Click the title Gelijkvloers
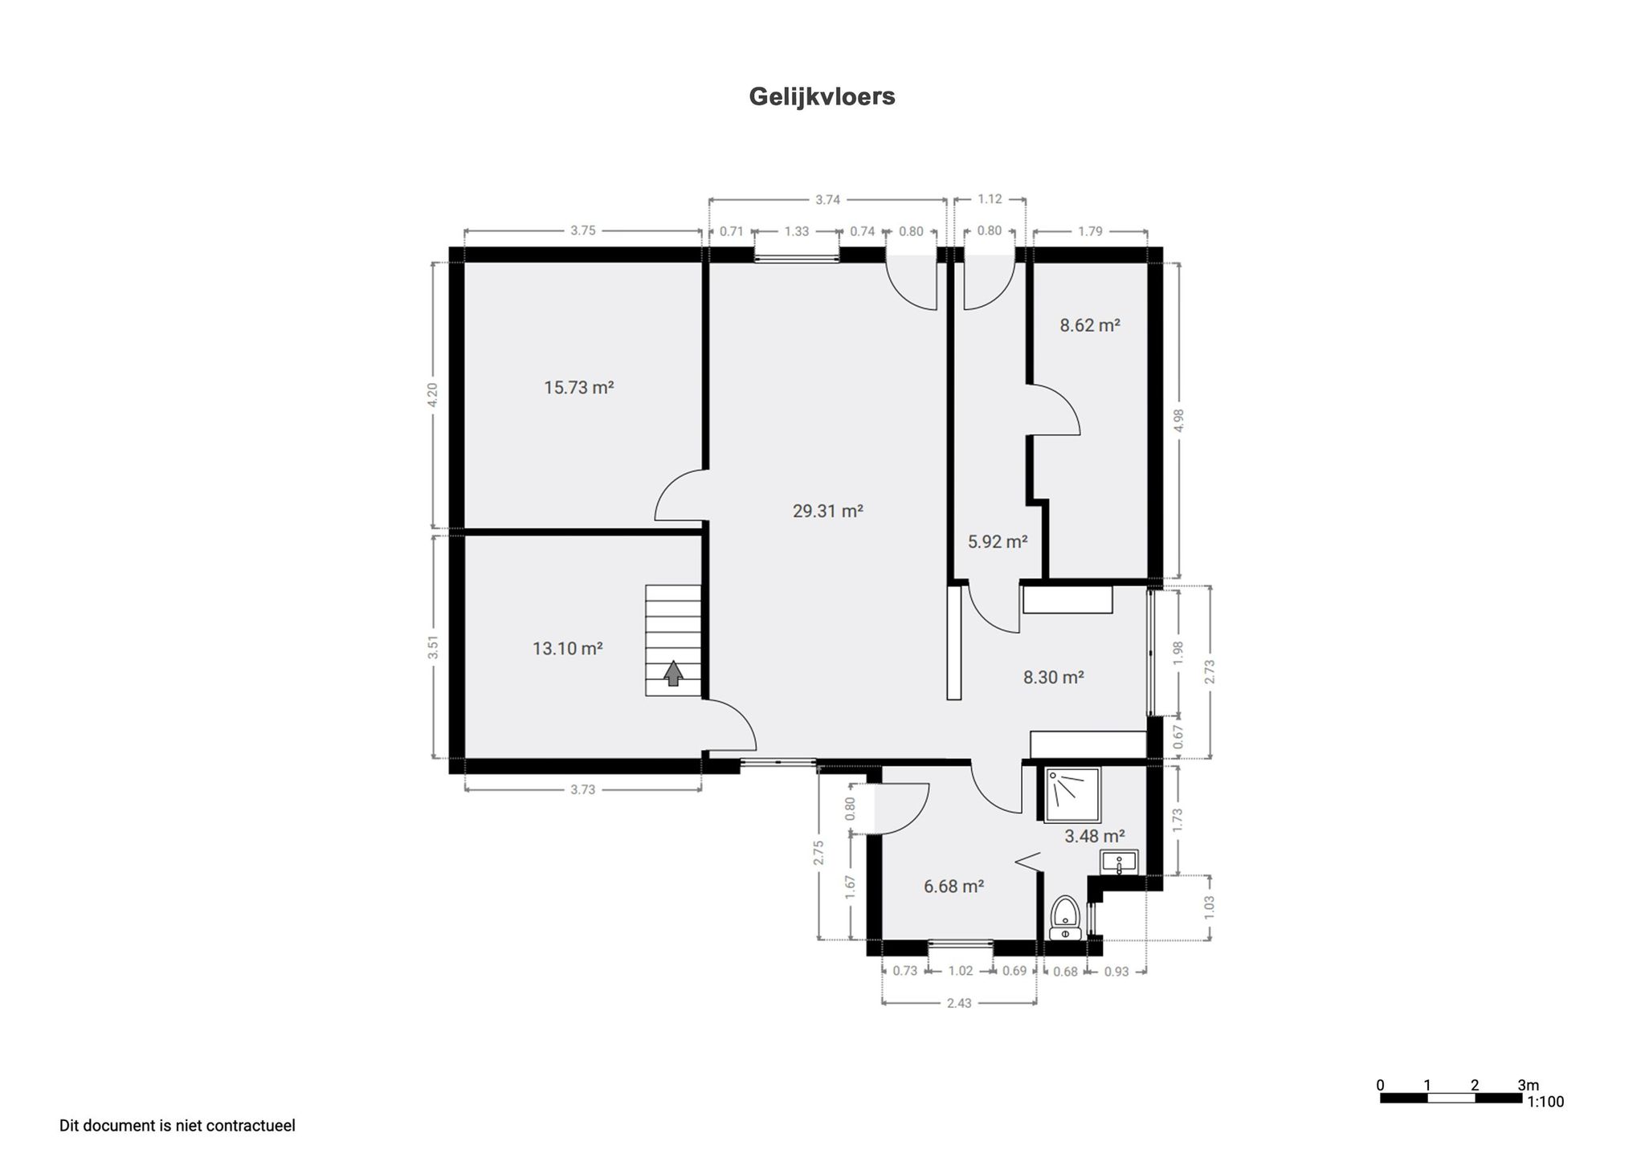(x=822, y=96)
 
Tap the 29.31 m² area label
(x=827, y=511)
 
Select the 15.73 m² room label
(x=578, y=388)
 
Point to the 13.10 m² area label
(x=567, y=648)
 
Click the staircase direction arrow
(x=673, y=673)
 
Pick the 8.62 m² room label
(x=1089, y=325)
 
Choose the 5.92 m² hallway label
(x=998, y=541)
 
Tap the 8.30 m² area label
(x=1053, y=677)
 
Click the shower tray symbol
(x=1071, y=794)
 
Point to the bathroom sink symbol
(x=1119, y=862)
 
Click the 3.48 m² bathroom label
(x=1094, y=836)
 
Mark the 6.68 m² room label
(x=953, y=887)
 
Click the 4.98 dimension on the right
(x=1179, y=421)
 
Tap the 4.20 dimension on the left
(x=433, y=395)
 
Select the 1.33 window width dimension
(x=796, y=231)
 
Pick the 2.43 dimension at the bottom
(x=959, y=1003)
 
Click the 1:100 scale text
(x=1545, y=1102)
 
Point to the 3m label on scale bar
(x=1528, y=1085)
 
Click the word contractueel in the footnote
(x=251, y=1126)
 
